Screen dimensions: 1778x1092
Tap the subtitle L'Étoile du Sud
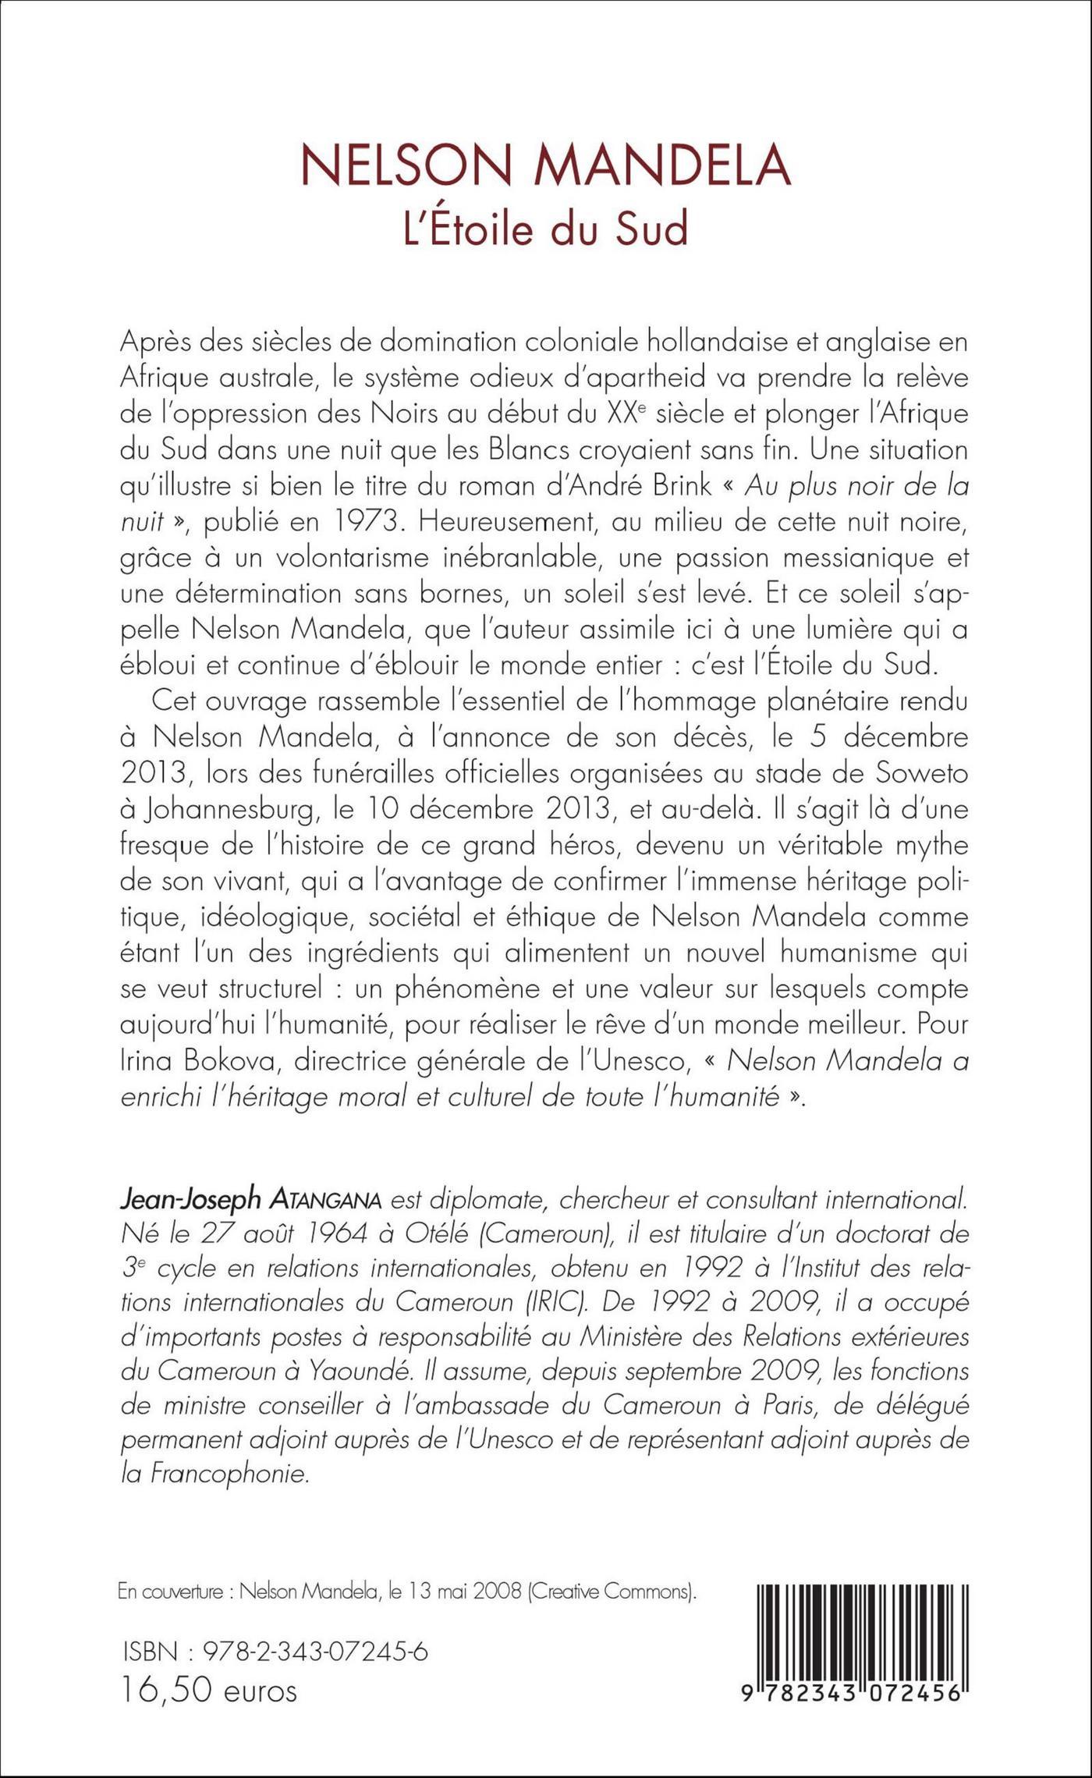545,229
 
